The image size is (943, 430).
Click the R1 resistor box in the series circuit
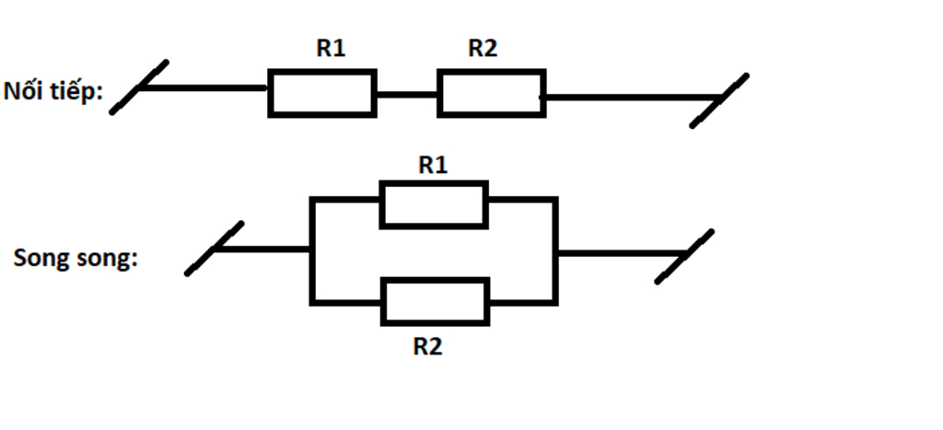click(321, 93)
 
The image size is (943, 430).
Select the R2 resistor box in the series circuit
click(491, 94)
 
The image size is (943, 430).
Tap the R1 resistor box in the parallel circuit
click(434, 204)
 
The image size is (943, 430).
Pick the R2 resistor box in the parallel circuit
click(435, 301)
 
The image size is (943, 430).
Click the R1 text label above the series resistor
click(331, 49)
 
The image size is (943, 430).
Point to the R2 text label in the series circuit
click(483, 49)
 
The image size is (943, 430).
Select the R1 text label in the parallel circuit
click(433, 165)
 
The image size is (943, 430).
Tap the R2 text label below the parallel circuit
click(427, 347)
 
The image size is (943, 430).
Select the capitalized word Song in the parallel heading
click(36, 258)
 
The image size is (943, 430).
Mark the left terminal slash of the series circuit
click(139, 87)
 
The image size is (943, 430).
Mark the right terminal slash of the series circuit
click(719, 100)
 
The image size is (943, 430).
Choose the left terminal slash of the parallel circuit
click(215, 248)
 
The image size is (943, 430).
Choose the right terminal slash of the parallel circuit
click(684, 257)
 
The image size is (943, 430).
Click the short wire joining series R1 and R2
click(406, 94)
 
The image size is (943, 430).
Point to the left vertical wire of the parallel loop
click(312, 250)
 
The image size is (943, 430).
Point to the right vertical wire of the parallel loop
click(555, 250)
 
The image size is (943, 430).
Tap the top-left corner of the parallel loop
click(312, 199)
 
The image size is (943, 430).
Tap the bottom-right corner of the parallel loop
click(555, 301)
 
